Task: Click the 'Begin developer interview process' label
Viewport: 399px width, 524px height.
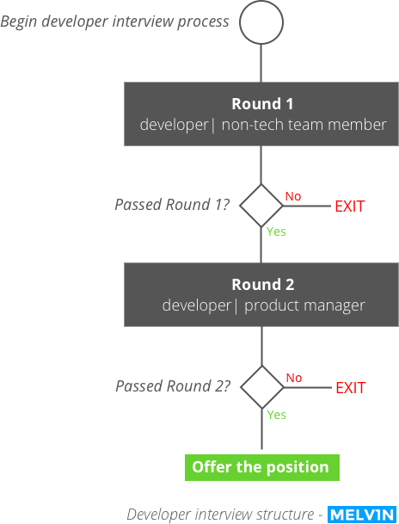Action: [x=114, y=22]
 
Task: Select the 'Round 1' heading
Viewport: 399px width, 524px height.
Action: [x=263, y=103]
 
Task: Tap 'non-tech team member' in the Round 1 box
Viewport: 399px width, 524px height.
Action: [x=304, y=125]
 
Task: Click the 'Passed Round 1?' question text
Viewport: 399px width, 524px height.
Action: [x=172, y=204]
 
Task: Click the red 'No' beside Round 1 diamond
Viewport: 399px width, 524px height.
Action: [x=293, y=196]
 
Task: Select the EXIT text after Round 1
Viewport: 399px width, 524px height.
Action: [x=350, y=207]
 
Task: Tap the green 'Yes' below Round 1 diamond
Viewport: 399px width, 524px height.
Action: [x=276, y=231]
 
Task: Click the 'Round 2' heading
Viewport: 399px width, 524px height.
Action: [x=263, y=285]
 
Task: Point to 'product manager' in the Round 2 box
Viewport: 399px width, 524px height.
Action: [x=304, y=305]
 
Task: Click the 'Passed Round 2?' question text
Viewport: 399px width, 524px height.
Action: [x=173, y=386]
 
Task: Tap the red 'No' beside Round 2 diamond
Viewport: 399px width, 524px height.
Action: [x=294, y=378]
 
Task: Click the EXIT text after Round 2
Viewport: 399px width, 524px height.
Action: [x=351, y=388]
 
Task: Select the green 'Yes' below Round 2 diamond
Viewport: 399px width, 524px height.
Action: [x=277, y=415]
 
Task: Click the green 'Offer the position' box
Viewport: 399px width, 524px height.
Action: [x=262, y=467]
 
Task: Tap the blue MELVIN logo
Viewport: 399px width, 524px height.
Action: [x=362, y=515]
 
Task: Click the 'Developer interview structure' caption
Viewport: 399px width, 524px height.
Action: [x=220, y=515]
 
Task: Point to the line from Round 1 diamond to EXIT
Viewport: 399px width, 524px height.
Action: [x=307, y=206]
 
